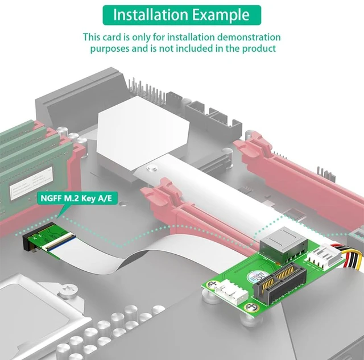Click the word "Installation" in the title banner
click(150, 15)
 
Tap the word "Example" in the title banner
click(221, 15)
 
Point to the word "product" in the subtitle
click(259, 49)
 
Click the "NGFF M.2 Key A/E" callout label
click(76, 198)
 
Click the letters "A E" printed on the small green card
click(36, 237)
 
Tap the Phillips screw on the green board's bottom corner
click(251, 307)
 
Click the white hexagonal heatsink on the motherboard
click(143, 134)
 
